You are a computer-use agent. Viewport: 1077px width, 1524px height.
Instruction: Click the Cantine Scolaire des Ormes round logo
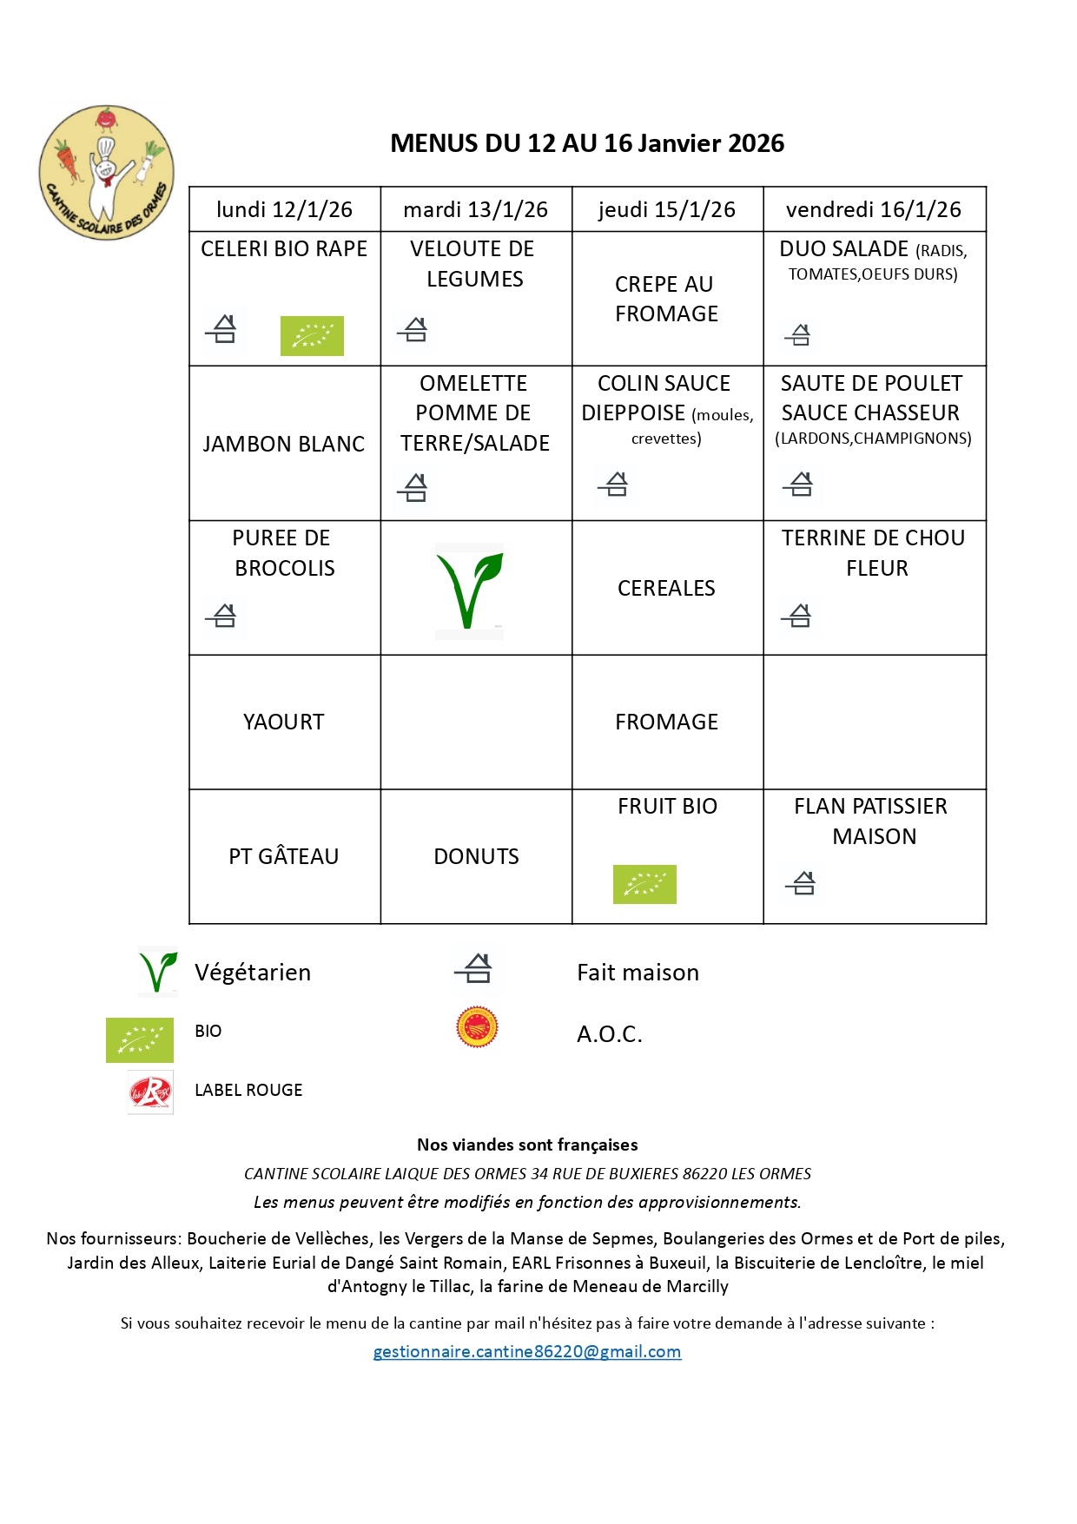(106, 173)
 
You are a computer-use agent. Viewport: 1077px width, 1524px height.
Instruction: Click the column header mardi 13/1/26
(475, 209)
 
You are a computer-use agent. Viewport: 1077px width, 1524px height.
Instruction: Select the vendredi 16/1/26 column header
(873, 209)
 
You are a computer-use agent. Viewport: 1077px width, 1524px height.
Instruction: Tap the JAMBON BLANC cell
(284, 444)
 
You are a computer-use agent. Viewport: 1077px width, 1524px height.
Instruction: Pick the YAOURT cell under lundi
(284, 722)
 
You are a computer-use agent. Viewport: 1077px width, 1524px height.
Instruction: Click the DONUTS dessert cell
(476, 856)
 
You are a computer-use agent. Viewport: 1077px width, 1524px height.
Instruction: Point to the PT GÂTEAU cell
(284, 856)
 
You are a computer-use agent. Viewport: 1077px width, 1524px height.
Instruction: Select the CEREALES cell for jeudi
(666, 588)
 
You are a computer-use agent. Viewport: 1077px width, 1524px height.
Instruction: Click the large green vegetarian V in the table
(469, 590)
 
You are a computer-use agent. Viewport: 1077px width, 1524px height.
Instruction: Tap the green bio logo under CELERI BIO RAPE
(312, 335)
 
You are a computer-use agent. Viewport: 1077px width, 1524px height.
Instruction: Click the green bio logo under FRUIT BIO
(644, 884)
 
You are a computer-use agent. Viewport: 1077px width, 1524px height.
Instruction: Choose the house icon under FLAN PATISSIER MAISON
(801, 883)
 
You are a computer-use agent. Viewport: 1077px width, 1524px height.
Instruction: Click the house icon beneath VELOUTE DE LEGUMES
(413, 329)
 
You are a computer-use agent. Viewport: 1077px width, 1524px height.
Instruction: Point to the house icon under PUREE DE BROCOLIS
(222, 616)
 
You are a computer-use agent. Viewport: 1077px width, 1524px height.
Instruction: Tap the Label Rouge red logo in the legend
(150, 1092)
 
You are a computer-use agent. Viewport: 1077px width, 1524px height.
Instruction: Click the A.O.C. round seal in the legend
(477, 1027)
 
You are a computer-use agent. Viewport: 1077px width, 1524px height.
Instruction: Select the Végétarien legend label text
(253, 973)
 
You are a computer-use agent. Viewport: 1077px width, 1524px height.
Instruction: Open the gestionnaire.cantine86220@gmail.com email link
(527, 1351)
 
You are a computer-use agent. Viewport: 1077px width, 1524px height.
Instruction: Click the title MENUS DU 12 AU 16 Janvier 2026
(587, 143)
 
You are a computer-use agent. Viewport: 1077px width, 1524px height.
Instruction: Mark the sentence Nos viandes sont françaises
(527, 1145)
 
